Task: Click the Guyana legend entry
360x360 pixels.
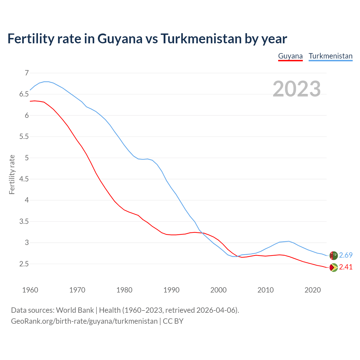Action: pos(290,56)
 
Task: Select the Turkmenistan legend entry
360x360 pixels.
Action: pos(330,56)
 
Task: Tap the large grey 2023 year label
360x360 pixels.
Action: pos(297,89)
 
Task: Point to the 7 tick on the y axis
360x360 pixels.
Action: pos(27,73)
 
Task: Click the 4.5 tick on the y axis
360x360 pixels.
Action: pos(24,179)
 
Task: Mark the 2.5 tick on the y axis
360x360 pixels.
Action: pos(24,264)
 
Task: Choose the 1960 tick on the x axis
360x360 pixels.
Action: pos(30,290)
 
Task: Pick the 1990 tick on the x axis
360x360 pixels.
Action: pos(171,290)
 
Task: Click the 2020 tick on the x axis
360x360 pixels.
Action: pos(312,290)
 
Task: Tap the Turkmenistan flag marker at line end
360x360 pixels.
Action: pos(334,255)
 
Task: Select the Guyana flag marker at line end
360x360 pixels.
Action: pos(334,267)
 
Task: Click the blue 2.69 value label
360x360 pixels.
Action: pos(346,255)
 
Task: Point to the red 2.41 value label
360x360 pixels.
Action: pos(346,267)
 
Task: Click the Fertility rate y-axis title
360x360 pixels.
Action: pos(12,174)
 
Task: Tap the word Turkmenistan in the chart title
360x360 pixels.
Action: pos(201,39)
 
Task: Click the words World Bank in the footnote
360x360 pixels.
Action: pos(75,310)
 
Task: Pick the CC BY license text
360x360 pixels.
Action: pos(173,321)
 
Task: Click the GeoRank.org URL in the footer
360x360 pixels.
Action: pos(84,321)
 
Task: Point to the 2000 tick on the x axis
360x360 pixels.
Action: pos(219,290)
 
